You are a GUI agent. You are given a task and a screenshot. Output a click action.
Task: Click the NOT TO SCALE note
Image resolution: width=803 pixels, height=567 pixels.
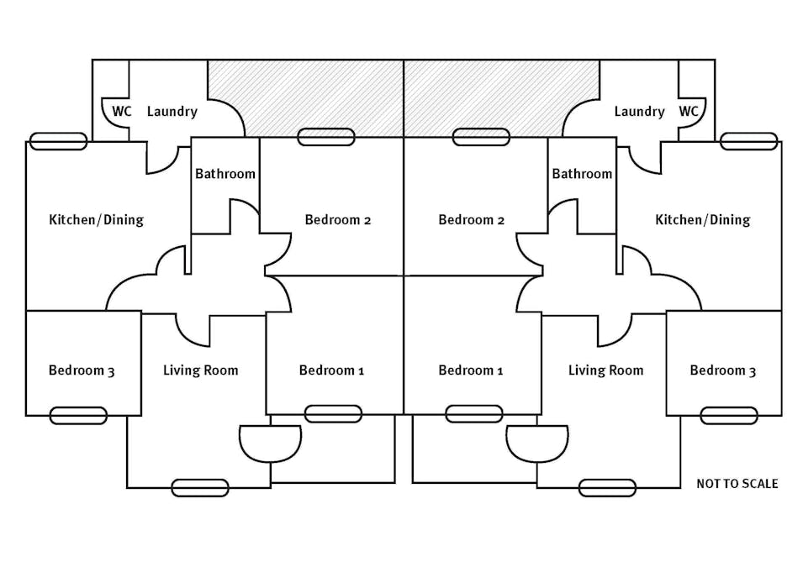point(737,484)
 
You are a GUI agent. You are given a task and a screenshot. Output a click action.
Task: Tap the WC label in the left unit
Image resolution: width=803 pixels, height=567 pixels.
point(122,111)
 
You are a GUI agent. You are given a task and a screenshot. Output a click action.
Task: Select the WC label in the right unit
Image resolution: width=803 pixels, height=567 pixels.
point(689,111)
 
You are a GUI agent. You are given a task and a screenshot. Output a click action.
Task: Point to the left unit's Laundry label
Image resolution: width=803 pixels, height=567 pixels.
point(172,112)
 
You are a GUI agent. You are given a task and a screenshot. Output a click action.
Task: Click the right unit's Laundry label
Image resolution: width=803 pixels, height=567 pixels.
point(639,112)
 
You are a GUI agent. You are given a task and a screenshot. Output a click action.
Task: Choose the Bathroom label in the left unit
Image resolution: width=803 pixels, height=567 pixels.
point(225,174)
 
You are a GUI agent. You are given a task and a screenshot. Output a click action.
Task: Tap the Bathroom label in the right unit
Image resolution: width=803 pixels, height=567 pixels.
point(582,174)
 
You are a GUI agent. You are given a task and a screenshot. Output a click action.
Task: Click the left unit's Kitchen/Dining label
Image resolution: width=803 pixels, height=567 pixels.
point(97,220)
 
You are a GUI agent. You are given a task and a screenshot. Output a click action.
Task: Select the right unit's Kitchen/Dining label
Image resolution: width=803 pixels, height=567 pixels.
point(702,220)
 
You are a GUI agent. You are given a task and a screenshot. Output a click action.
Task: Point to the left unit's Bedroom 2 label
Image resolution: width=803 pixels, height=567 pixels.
point(338,220)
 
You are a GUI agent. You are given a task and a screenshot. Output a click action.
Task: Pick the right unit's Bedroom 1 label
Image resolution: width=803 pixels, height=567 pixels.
point(471,370)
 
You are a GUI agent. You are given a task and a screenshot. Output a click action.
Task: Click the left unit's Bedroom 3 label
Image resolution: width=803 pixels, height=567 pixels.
point(82,370)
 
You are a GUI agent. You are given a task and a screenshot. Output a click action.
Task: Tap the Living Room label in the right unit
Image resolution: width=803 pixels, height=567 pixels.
point(605,370)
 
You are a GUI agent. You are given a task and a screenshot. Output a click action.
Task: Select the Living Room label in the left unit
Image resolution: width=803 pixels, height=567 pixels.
point(200,370)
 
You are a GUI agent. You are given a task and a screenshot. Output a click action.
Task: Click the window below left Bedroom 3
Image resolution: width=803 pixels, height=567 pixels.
point(78,415)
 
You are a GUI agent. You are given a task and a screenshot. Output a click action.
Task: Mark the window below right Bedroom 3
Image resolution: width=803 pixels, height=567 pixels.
point(728,415)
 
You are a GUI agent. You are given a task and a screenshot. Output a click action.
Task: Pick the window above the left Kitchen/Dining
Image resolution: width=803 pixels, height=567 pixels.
point(58,141)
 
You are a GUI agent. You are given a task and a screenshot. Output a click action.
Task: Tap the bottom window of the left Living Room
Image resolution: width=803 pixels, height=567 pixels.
point(200,487)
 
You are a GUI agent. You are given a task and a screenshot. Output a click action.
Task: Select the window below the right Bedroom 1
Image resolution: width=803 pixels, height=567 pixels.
point(473,413)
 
